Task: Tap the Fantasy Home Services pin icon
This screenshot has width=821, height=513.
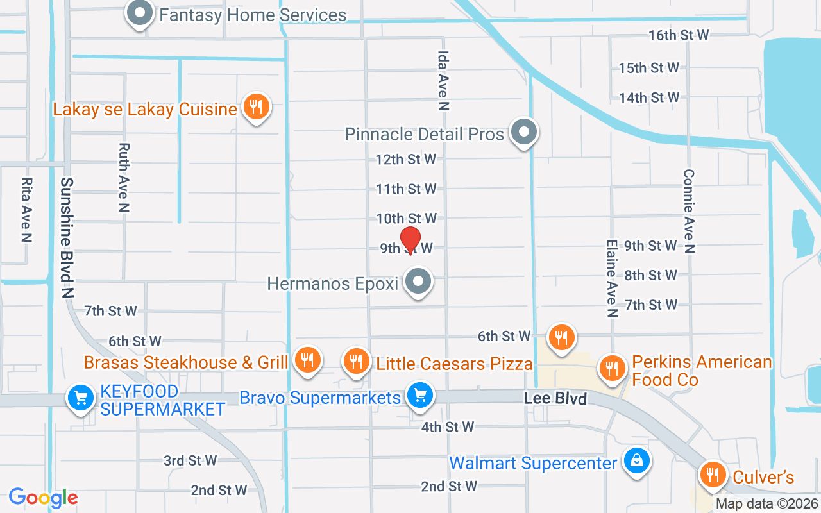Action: point(139,13)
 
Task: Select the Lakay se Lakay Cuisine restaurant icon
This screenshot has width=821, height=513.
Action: point(256,107)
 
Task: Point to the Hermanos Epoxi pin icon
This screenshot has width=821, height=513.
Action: point(419,282)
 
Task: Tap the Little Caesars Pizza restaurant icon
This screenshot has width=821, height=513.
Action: point(357,361)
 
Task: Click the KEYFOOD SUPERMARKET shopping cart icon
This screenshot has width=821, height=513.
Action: point(81,399)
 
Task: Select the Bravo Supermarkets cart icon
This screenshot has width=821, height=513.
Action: point(420,395)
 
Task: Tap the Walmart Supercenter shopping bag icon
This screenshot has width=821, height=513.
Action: point(636,461)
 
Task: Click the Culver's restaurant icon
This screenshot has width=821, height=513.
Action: point(712,475)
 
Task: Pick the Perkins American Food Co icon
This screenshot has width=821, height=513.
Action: point(612,368)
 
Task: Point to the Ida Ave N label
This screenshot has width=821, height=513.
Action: point(443,74)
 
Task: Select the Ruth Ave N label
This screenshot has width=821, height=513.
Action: point(124,177)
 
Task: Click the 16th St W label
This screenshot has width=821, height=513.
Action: point(678,35)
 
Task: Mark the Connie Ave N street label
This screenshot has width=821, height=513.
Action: point(689,211)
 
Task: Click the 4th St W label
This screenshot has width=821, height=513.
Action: point(448,426)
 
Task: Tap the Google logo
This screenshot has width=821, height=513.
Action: point(43,498)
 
